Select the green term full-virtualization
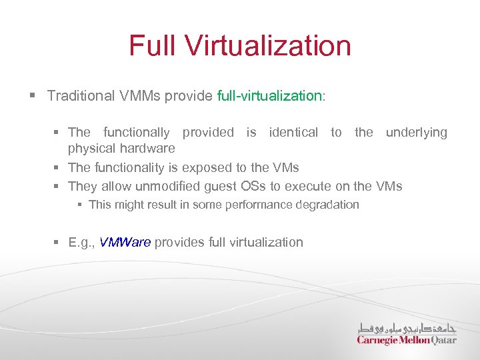[x=269, y=95]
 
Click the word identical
[x=293, y=132]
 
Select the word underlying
[x=417, y=133]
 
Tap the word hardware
[x=148, y=148]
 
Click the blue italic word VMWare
[x=125, y=242]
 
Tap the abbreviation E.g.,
[x=82, y=242]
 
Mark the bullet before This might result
[x=80, y=205]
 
